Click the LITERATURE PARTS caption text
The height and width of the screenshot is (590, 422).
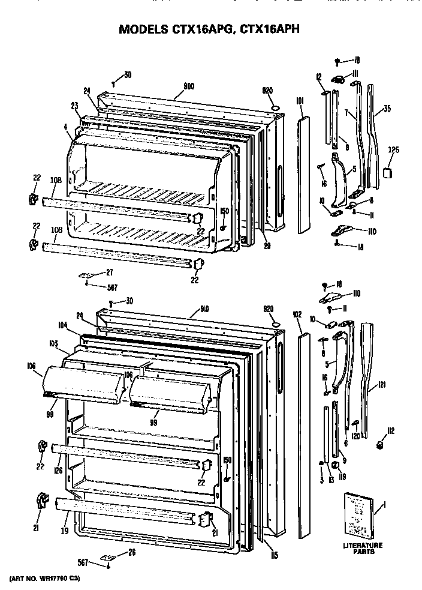point(363,549)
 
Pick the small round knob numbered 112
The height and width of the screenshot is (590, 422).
point(379,445)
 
